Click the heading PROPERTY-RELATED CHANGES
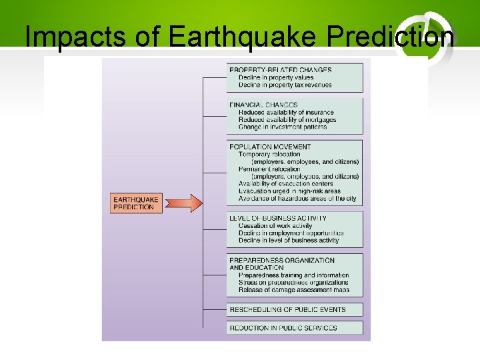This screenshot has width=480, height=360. pos(280,70)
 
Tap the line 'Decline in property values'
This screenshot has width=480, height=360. pos(275,78)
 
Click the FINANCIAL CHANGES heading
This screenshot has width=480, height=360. pos(263,105)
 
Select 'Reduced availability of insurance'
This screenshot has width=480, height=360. pos(286,113)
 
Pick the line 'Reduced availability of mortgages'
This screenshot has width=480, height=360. pos(287,120)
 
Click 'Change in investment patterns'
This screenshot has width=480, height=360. pos(283,127)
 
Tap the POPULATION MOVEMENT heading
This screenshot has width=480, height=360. pos(270,147)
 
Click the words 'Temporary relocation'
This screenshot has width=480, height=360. pos(269,155)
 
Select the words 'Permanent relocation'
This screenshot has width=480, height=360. pos(269,169)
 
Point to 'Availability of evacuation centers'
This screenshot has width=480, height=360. pos(285,184)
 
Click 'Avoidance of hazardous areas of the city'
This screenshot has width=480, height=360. pos(297,199)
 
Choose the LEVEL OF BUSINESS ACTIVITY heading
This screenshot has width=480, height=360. pos(278,218)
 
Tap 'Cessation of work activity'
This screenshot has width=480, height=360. pos(275,226)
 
